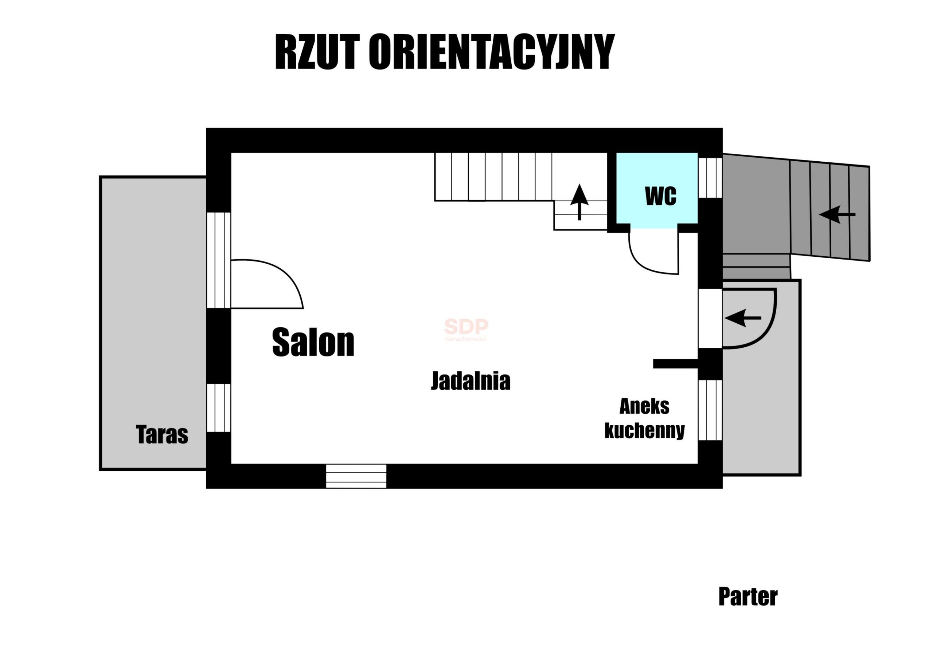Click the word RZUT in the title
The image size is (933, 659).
(x=318, y=52)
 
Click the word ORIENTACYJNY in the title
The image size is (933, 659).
(x=492, y=52)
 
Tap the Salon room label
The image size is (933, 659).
(x=313, y=343)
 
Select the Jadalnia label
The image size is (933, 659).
(x=471, y=381)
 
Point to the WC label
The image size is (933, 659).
(x=661, y=196)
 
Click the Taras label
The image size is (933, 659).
(x=162, y=434)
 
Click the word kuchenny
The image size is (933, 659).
(x=644, y=430)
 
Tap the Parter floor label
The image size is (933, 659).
(x=748, y=596)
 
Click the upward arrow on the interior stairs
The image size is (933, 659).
(x=579, y=202)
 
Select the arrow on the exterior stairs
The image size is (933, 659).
(x=837, y=214)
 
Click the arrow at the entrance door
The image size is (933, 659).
(x=743, y=318)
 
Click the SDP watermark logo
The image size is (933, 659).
(x=466, y=329)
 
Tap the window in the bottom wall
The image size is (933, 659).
(x=356, y=476)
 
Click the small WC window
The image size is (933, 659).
(x=710, y=177)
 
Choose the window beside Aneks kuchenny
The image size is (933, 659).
(x=710, y=410)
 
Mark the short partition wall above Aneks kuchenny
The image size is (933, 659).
(x=675, y=363)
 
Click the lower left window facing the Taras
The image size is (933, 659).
(x=219, y=408)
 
